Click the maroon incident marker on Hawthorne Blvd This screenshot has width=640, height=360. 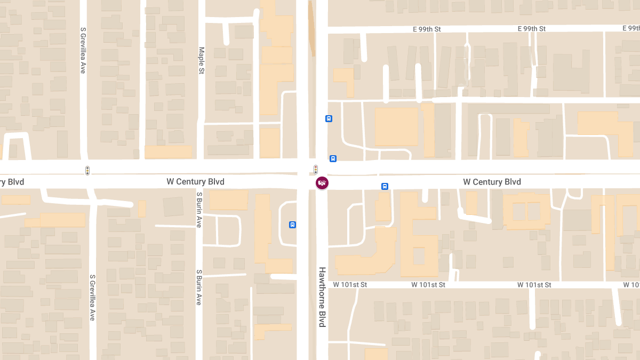322,183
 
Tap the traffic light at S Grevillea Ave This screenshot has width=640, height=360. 87,171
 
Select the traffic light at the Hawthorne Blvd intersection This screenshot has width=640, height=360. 316,170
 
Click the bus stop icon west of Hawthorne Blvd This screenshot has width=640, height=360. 292,225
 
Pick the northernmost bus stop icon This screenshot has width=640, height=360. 329,118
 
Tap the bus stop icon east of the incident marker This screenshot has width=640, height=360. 385,186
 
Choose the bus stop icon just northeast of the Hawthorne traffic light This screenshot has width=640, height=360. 333,158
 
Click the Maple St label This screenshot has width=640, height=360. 202,60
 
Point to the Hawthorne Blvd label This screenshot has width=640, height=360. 322,297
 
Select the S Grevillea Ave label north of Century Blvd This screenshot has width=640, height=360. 83,50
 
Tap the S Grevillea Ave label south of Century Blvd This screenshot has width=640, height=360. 92,297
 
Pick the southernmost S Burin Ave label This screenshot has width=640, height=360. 198,287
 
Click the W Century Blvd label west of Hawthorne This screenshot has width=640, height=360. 195,182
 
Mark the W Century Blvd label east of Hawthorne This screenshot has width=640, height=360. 492,182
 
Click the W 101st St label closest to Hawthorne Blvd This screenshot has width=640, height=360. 350,285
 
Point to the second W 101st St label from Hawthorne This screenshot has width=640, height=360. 428,285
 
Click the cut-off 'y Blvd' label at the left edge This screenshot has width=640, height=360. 12,182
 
